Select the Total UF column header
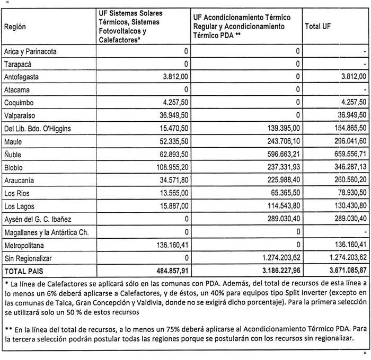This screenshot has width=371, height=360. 320,26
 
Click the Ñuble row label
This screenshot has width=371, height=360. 13,155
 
